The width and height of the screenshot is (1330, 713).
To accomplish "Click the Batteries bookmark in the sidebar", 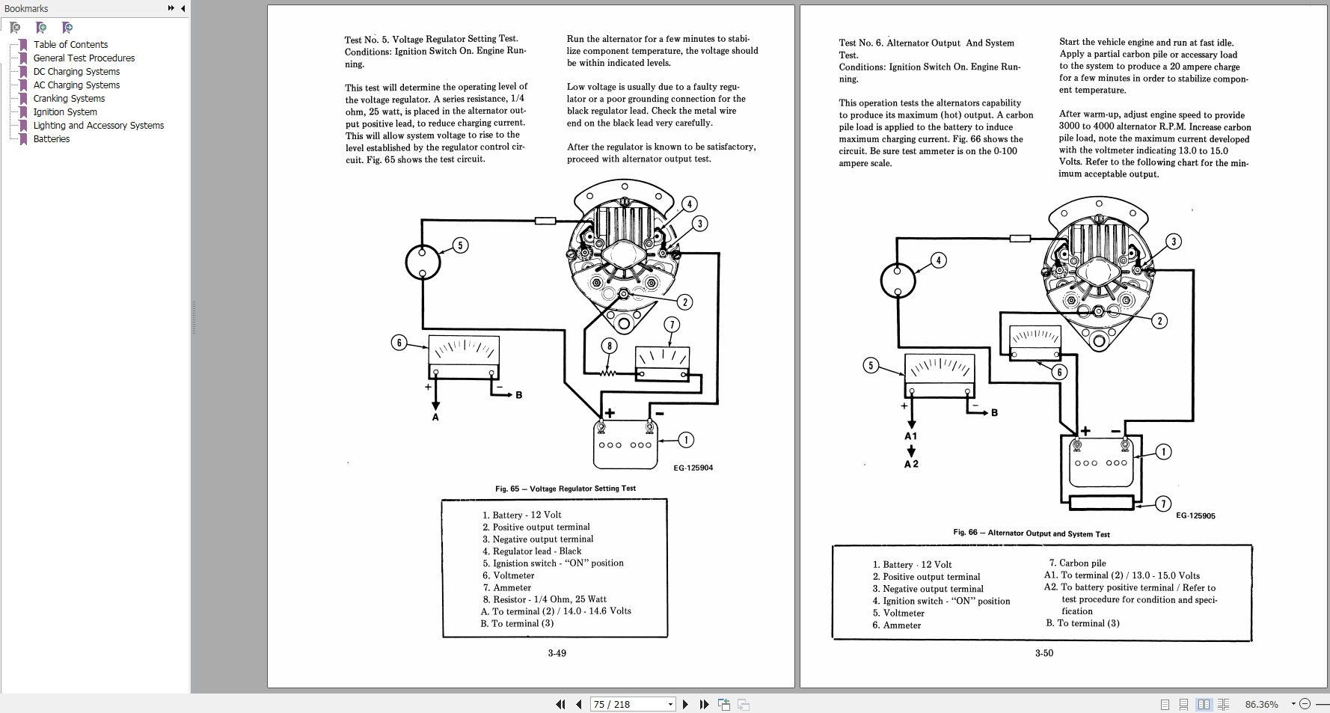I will coord(51,139).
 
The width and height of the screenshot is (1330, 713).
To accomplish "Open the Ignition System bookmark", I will coord(65,112).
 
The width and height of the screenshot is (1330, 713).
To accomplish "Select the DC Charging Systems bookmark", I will coord(76,72).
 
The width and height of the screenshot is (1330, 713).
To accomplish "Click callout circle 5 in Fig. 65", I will coord(460,245).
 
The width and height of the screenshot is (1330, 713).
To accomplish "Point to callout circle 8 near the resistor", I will coord(610,346).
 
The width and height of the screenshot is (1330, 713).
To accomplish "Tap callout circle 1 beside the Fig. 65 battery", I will coord(685,439).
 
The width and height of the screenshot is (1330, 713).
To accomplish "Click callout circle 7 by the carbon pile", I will coord(1162,504).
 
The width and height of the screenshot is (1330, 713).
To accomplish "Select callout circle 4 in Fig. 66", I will coord(938,260).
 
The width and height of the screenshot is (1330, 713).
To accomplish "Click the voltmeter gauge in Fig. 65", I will coord(463,358).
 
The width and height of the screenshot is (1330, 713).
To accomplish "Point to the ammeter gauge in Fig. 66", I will coord(1035,343).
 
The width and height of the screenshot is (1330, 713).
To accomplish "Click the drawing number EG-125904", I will coord(693,468).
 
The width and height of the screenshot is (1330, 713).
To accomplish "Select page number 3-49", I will coord(557,653).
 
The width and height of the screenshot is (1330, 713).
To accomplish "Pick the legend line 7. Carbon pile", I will coord(1076,563).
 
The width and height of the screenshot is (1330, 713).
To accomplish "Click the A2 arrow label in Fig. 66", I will coord(910,464).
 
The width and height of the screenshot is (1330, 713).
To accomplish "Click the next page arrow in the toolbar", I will coord(685,704).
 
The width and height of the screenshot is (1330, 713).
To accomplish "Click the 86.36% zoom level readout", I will coord(1261,704).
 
